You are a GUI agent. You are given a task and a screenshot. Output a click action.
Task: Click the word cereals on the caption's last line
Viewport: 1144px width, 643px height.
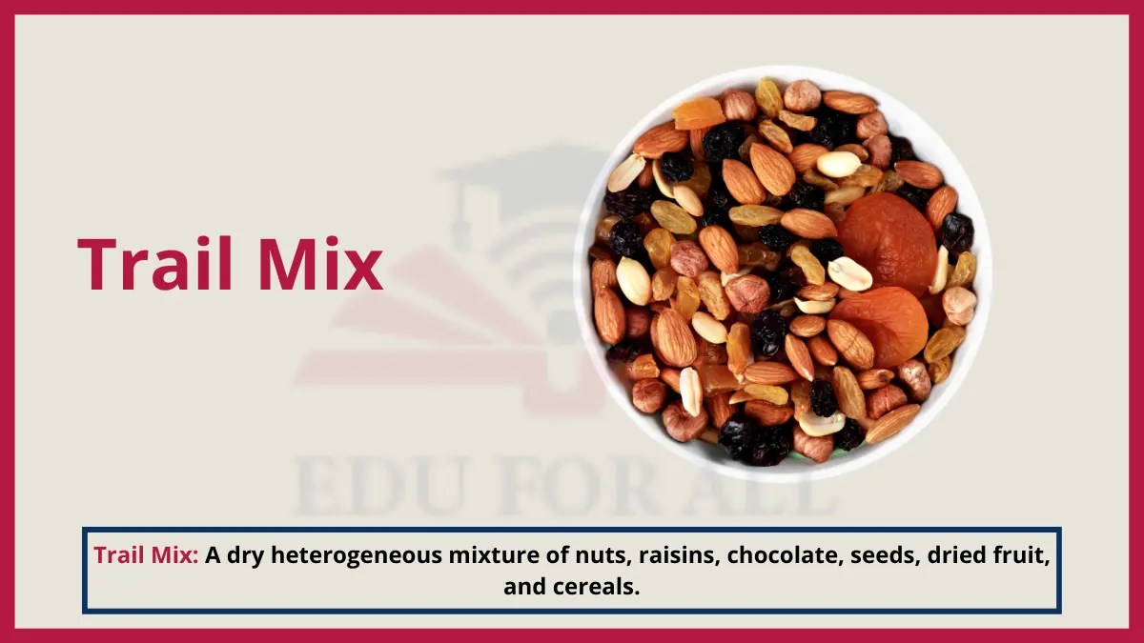(597, 587)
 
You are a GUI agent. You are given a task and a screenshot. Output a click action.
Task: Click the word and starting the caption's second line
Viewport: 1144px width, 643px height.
(525, 587)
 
